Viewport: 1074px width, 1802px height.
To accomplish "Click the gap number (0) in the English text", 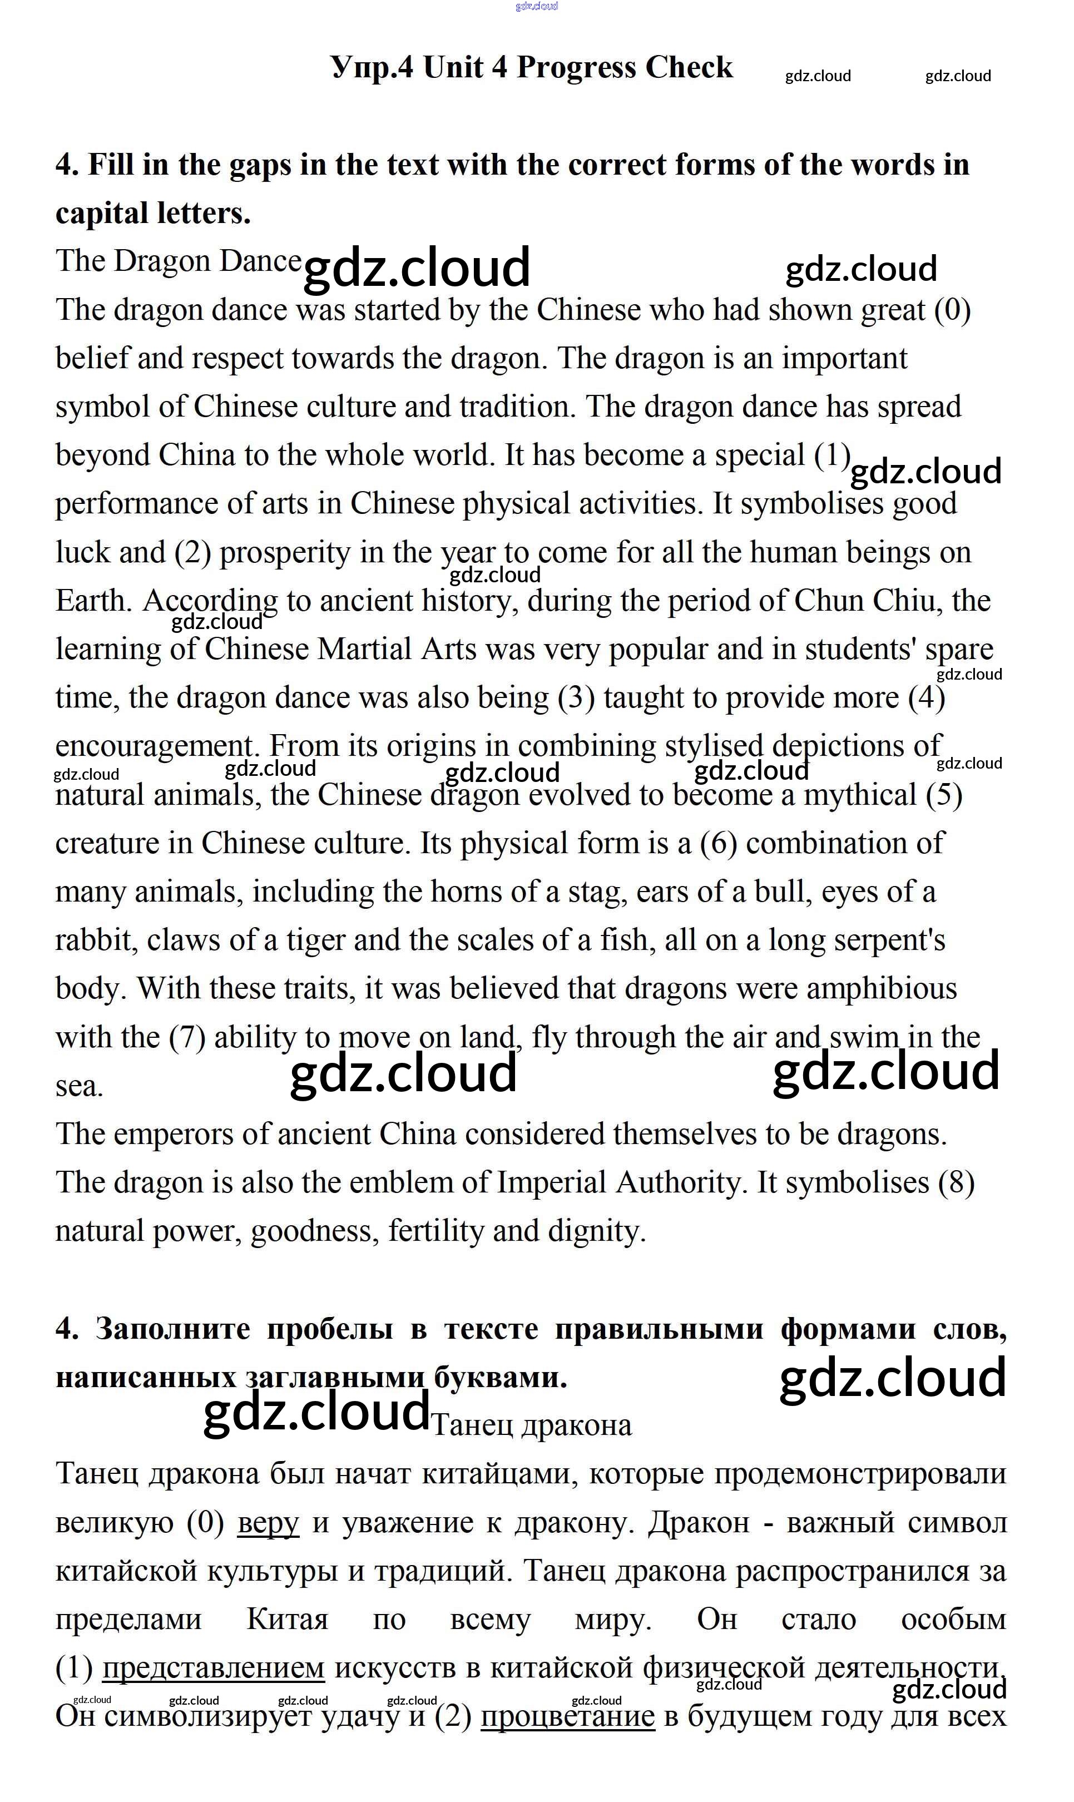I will tap(952, 310).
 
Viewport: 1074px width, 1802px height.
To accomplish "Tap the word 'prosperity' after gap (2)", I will tap(285, 553).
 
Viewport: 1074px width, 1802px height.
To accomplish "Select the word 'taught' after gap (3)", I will tap(635, 697).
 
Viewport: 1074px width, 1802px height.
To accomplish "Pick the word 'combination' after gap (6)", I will tap(845, 843).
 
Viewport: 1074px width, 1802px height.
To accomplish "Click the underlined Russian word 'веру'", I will tap(268, 1523).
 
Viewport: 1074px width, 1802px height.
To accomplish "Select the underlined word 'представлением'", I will tap(213, 1668).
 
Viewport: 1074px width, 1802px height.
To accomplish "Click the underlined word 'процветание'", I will tap(567, 1716).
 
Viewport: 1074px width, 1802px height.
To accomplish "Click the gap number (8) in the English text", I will tap(956, 1182).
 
